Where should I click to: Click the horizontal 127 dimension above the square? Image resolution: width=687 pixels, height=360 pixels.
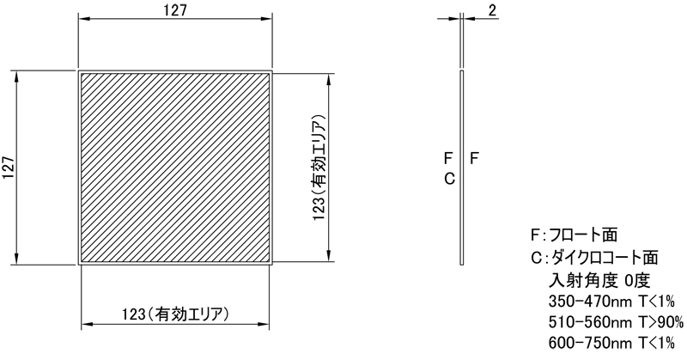click(x=175, y=10)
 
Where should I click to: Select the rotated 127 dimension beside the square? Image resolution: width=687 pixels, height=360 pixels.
click(x=9, y=168)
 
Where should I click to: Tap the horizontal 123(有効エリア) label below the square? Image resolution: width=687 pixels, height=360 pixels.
click(x=175, y=314)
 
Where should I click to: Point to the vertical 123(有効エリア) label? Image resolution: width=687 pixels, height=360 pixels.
click(x=318, y=168)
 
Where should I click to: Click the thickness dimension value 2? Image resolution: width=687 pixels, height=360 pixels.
click(x=491, y=10)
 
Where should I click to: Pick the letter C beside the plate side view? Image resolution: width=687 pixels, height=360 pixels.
click(x=448, y=179)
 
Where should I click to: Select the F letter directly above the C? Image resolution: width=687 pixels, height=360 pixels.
click(x=448, y=159)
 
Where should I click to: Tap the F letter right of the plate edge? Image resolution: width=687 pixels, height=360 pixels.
click(x=475, y=159)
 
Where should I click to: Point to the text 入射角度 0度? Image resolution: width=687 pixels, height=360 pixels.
click(x=599, y=279)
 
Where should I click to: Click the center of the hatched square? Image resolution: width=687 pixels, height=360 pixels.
click(x=175, y=168)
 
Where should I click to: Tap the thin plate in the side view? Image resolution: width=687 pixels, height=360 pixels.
click(x=462, y=168)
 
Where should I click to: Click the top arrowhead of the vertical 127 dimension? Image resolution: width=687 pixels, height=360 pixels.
click(x=17, y=75)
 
